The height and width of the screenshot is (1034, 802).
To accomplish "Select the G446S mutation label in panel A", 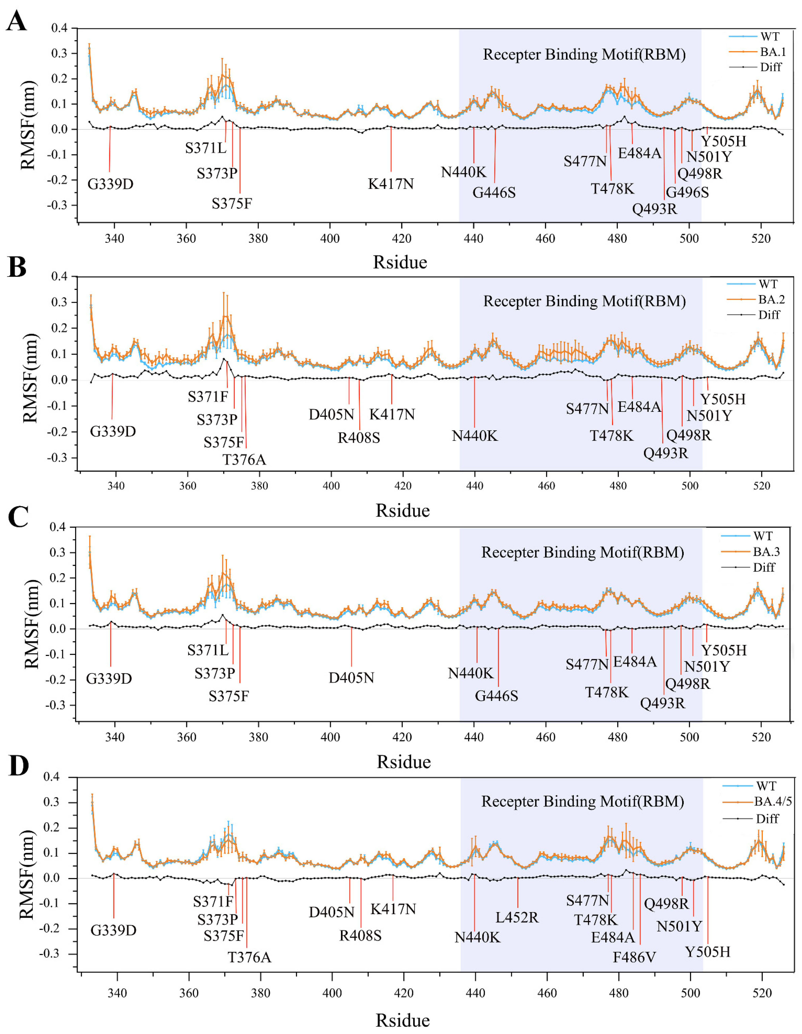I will (x=494, y=193).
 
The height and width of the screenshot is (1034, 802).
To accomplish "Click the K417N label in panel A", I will (x=391, y=184).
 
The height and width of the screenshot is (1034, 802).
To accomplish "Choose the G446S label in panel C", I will (x=497, y=696).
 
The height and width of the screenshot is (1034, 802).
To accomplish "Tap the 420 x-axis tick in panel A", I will (x=401, y=238).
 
